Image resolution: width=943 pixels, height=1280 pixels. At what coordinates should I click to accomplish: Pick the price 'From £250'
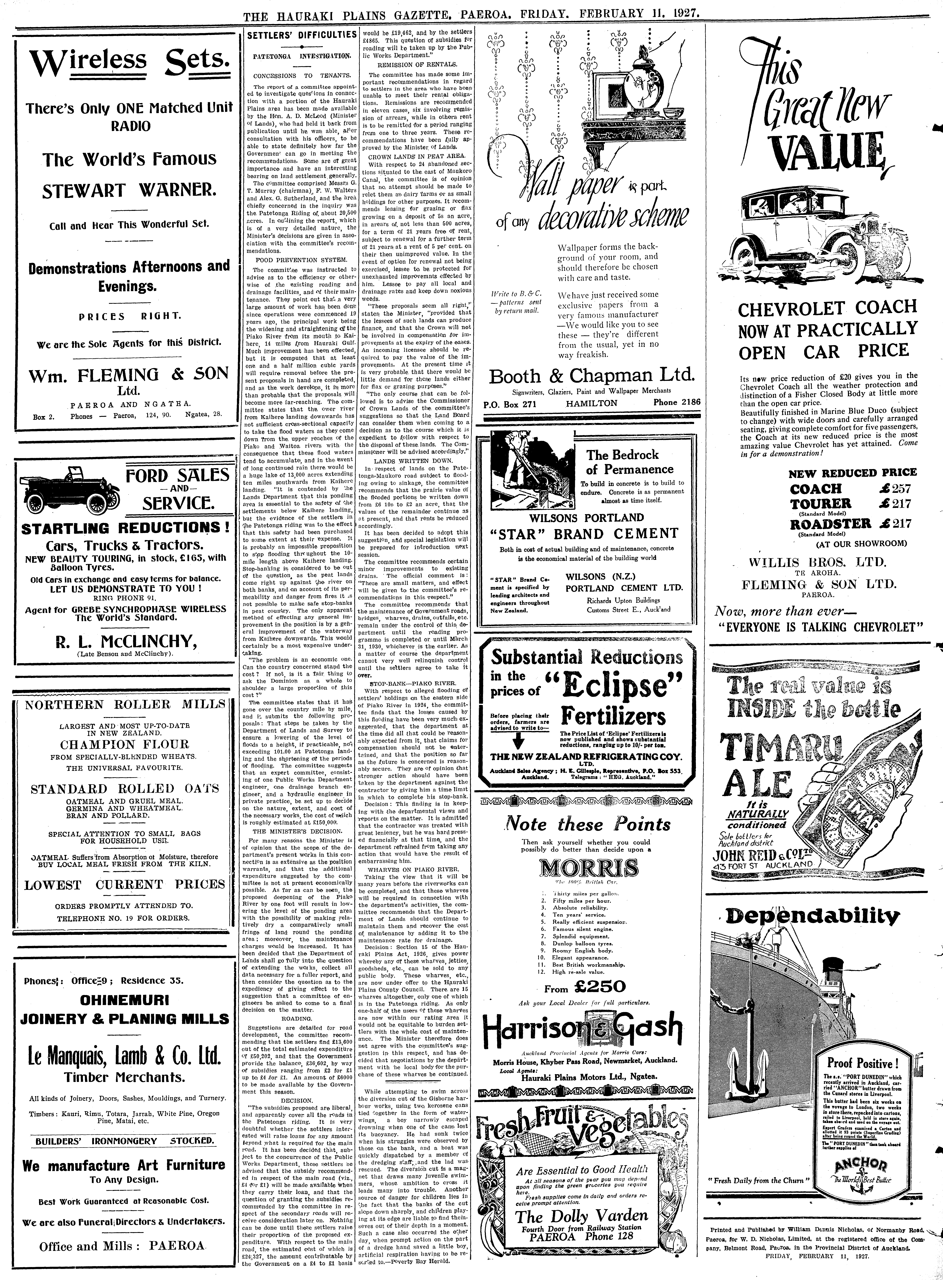pos(585,986)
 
